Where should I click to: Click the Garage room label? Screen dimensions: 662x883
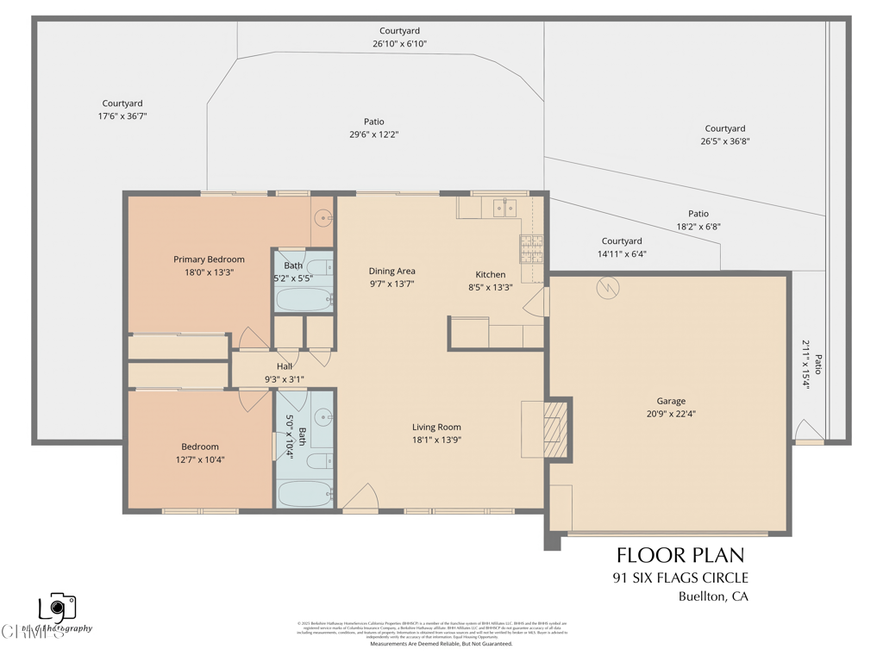pos(671,401)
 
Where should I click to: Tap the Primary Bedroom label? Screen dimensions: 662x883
pos(209,259)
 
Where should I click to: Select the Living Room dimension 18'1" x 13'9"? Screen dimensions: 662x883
pos(435,440)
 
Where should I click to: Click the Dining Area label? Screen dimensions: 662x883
pos(392,271)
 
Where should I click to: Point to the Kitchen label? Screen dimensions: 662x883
pos(491,275)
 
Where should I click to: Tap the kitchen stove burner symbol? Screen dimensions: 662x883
pos(530,249)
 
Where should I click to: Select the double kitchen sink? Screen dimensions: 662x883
pos(504,208)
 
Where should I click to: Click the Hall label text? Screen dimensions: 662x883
pos(285,366)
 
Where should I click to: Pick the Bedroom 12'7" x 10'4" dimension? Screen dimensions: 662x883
pos(200,459)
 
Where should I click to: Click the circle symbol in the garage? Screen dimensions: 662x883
pos(607,289)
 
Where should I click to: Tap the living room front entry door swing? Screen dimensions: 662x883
pos(362,497)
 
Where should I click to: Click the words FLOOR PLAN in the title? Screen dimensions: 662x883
pos(679,554)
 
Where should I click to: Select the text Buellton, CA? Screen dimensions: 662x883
pos(713,596)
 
